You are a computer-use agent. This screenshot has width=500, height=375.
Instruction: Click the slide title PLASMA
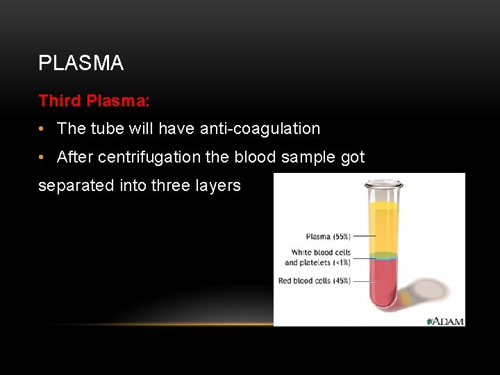click(81, 63)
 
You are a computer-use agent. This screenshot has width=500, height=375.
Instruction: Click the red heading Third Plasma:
click(94, 101)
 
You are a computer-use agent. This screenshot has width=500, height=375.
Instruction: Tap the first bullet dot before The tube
click(42, 129)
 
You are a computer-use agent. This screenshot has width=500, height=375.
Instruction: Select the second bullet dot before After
click(42, 158)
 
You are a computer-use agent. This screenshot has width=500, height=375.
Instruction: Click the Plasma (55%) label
click(328, 237)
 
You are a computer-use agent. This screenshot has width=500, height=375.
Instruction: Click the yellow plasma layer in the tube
click(383, 226)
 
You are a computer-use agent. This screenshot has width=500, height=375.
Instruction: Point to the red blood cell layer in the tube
click(383, 281)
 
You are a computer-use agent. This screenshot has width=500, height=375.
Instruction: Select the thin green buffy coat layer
click(383, 256)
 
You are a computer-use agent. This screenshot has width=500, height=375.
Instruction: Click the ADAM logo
click(445, 321)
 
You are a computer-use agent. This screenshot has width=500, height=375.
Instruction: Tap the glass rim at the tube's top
click(383, 185)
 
